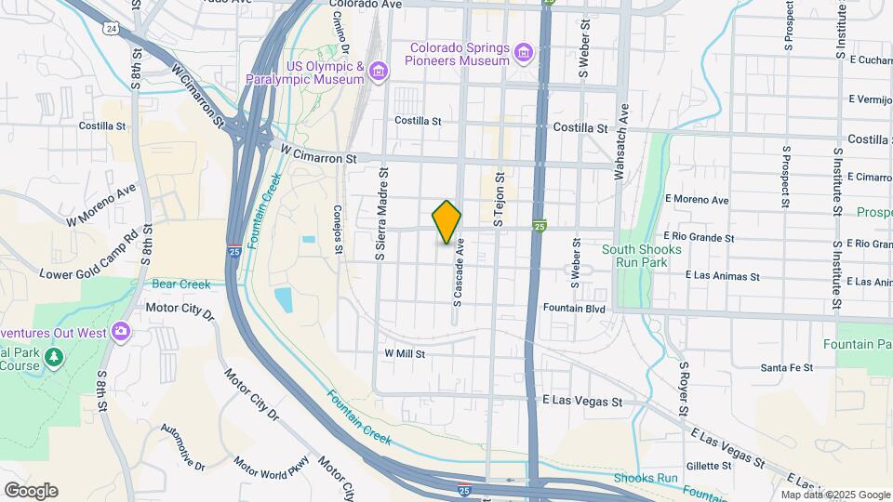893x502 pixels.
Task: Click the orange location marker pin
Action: pos(447,221)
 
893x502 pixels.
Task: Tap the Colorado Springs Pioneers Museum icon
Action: pos(525,52)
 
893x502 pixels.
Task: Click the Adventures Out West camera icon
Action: pos(121,331)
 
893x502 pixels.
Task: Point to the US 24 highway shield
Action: pos(112,29)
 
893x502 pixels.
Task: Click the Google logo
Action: pos(31,491)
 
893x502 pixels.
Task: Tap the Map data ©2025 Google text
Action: pos(835,495)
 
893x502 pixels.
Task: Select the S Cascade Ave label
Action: pos(458,271)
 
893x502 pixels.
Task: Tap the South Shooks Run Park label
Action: pos(642,256)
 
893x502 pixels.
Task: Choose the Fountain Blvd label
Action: pos(575,308)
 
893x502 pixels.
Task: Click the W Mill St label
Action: pos(405,354)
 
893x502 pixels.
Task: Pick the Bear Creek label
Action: pos(181,284)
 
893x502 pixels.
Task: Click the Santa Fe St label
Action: pos(786,367)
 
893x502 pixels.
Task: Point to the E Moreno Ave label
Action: pos(697,200)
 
